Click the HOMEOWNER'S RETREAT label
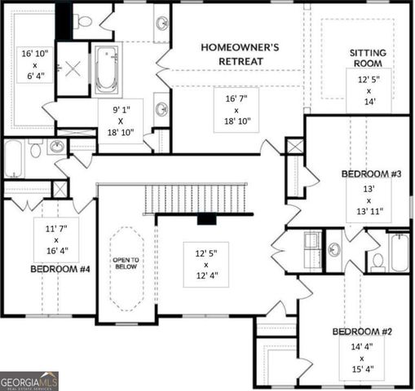click(x=240, y=55)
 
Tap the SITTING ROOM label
click(x=368, y=58)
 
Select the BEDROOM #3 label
click(x=371, y=174)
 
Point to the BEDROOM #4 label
click(x=60, y=269)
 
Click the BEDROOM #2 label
click(x=362, y=332)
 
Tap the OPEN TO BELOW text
click(x=126, y=263)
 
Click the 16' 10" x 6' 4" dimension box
click(x=35, y=65)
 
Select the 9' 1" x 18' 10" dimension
click(x=121, y=121)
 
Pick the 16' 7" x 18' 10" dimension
click(x=236, y=110)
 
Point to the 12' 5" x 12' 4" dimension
click(x=206, y=265)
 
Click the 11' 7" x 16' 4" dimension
click(x=56, y=239)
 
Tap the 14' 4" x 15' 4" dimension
click(x=362, y=358)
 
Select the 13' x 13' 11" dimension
click(x=369, y=200)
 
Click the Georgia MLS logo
click(x=29, y=381)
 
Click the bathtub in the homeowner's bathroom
click(x=107, y=69)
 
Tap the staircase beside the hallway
click(x=195, y=199)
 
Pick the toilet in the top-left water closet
click(x=84, y=22)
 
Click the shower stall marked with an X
click(x=73, y=68)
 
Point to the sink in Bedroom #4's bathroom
click(x=57, y=147)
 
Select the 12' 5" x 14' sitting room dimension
click(x=369, y=90)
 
